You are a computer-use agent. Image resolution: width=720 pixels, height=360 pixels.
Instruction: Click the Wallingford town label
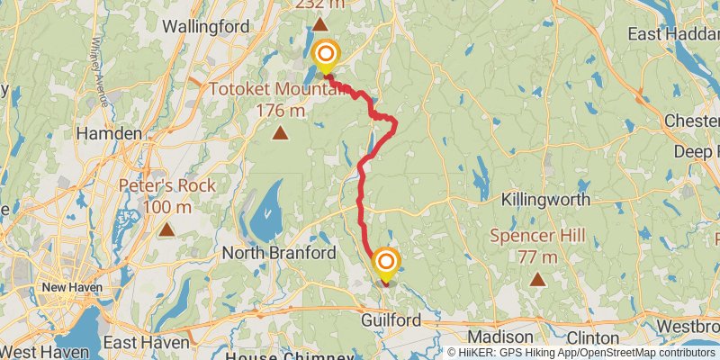[205, 27]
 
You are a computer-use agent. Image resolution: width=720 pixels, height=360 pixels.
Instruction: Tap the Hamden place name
[110, 133]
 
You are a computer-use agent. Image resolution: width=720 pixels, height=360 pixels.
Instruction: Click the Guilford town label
[391, 320]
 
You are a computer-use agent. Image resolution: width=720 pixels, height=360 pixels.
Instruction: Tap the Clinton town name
[594, 336]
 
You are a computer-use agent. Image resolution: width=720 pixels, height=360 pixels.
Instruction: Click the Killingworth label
[545, 199]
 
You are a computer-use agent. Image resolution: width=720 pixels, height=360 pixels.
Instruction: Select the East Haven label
[147, 343]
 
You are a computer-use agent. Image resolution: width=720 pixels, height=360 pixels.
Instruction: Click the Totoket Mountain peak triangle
[281, 134]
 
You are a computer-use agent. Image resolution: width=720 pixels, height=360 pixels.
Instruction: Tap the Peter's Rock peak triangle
[166, 229]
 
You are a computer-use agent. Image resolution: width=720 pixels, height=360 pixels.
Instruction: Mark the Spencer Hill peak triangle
[538, 279]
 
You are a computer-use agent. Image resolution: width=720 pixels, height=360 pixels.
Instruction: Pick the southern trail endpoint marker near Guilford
[386, 263]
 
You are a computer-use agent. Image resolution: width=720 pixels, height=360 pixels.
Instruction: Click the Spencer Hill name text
[538, 237]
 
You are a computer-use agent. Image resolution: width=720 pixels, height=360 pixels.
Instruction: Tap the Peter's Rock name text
[166, 186]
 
